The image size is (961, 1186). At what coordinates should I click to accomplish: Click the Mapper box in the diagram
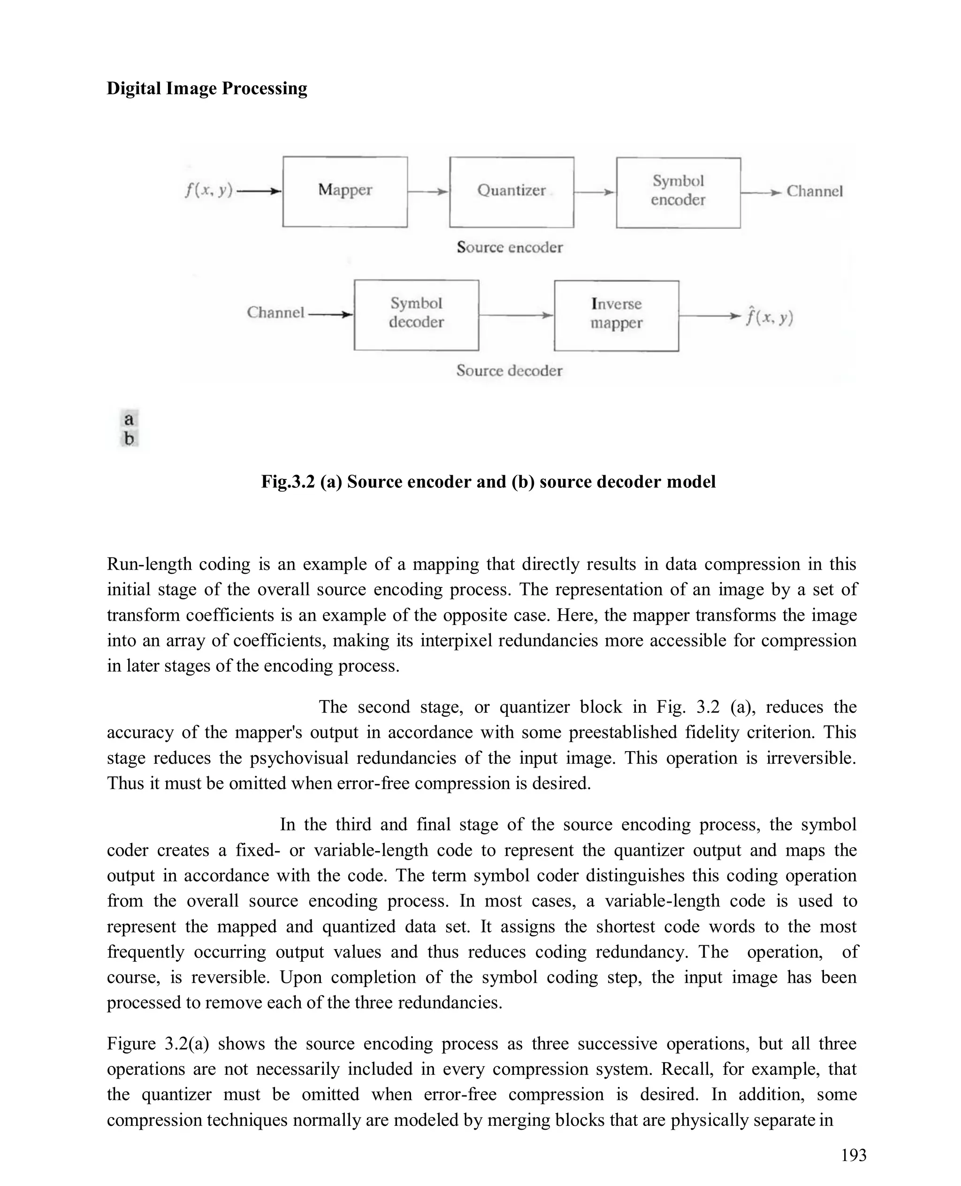coord(345,191)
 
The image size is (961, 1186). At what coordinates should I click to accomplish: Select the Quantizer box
coord(511,192)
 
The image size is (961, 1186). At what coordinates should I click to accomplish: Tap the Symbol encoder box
coord(678,192)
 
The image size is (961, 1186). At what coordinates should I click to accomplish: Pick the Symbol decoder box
coord(416,314)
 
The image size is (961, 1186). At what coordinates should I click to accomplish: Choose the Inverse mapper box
coord(616,315)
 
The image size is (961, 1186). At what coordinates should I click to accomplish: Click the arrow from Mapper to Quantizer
coord(428,192)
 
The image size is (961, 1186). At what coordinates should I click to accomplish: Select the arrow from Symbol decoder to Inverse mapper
coord(516,315)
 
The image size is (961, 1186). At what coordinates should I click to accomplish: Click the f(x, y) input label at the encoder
coord(208,190)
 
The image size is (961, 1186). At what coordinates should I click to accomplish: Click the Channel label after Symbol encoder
coord(814,191)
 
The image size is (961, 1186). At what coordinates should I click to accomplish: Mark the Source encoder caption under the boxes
coord(509,247)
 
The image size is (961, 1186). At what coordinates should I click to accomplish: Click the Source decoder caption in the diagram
coord(509,371)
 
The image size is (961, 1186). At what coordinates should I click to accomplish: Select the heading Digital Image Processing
coord(206,89)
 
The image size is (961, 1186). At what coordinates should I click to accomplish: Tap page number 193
coord(853,1156)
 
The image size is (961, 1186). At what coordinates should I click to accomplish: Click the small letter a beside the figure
coord(129,419)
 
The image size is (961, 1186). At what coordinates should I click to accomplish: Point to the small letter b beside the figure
coord(129,439)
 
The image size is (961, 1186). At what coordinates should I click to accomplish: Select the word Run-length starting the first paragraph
coord(147,564)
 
